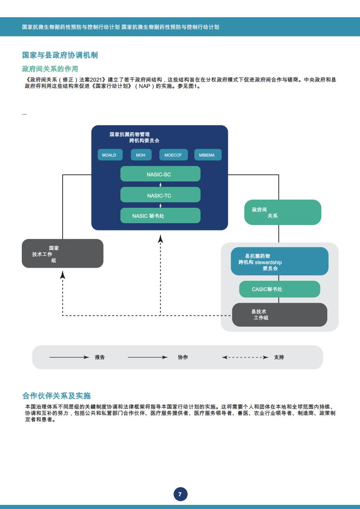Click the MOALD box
110,155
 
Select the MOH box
141,155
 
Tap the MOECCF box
173,155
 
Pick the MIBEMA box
208,155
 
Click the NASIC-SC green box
160,174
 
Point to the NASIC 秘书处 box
160,215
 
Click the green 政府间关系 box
283,212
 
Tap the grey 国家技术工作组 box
62,254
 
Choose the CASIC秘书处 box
280,289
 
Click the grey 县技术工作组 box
280,315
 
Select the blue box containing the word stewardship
280,261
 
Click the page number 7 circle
180,494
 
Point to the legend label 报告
100,357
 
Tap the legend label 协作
183,357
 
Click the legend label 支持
279,357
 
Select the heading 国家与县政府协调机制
60,55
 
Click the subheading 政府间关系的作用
50,69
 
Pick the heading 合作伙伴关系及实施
57,396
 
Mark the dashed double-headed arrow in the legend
245,357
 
